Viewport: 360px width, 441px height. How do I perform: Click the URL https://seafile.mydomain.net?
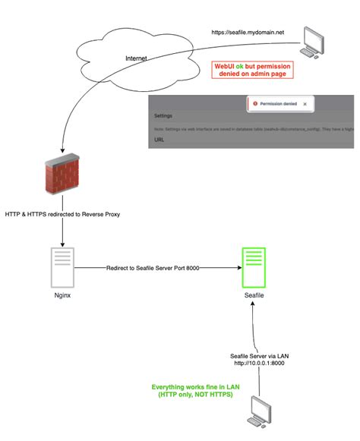(x=247, y=33)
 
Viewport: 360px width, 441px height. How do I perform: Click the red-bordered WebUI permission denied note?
(x=252, y=70)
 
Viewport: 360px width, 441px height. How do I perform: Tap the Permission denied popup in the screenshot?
(x=278, y=104)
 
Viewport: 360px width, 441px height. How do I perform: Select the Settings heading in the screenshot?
(x=164, y=117)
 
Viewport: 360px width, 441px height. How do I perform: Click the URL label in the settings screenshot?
(x=159, y=140)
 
